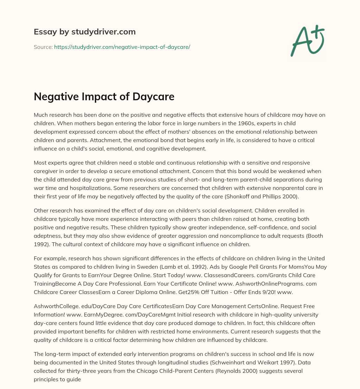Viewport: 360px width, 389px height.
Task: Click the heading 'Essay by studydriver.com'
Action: tap(84, 32)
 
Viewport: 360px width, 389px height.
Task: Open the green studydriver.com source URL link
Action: tap(122, 47)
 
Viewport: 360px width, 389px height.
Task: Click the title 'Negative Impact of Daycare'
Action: tap(104, 97)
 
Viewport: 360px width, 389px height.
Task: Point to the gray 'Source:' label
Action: tap(43, 47)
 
